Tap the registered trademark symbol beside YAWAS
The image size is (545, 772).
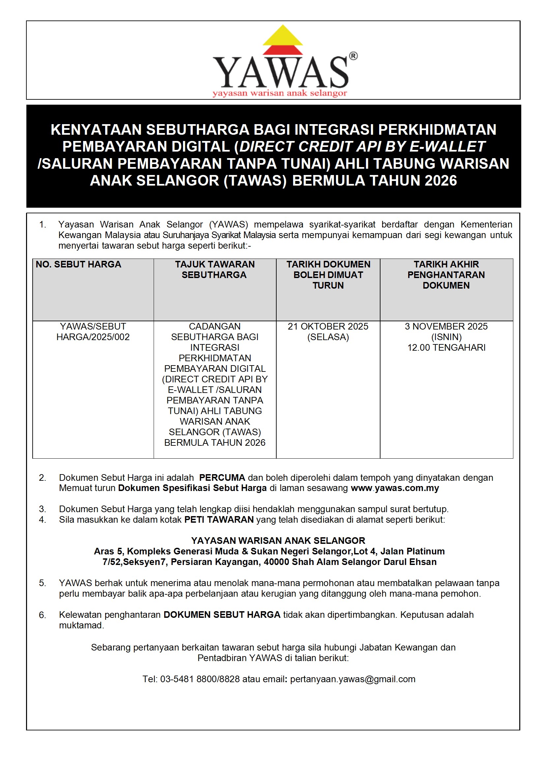[x=353, y=56]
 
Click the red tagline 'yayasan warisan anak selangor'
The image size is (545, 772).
[x=279, y=93]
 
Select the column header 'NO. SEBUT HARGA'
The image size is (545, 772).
[x=78, y=264]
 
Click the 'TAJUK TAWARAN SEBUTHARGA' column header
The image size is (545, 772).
[x=215, y=270]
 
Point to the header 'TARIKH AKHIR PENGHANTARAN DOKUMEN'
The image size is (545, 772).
[x=446, y=275]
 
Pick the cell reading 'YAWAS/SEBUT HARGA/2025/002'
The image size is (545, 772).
[x=93, y=332]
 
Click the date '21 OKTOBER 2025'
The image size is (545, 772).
[x=328, y=326]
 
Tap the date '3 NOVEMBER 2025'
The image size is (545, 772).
[x=446, y=326]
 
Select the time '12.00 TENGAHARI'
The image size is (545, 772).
[x=446, y=347]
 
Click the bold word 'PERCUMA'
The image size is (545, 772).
[x=222, y=477]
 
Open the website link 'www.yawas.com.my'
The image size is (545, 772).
[x=395, y=488]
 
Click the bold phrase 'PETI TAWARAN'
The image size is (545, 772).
[x=219, y=519]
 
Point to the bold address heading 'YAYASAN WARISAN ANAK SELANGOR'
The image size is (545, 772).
[x=278, y=541]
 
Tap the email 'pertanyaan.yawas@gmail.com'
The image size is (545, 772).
[x=352, y=679]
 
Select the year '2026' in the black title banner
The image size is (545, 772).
[x=440, y=181]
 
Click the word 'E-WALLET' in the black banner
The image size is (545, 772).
[x=447, y=146]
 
